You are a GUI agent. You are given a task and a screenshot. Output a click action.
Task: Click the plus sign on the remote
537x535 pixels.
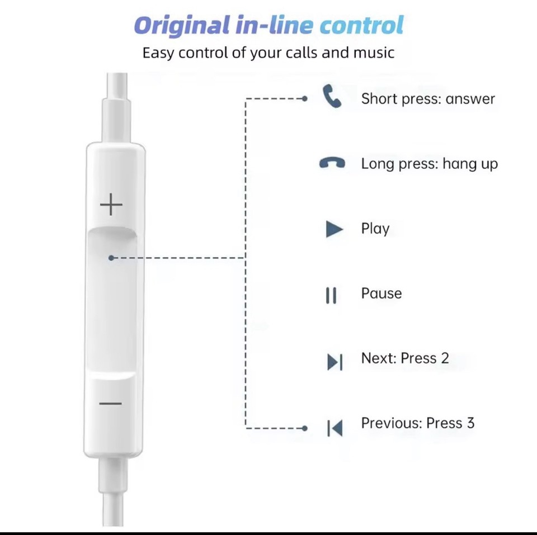111,205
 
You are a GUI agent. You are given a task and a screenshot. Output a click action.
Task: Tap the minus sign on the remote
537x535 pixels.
110,404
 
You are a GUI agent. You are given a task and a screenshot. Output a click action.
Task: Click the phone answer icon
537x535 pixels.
332,96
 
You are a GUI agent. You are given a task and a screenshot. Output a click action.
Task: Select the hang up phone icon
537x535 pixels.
332,163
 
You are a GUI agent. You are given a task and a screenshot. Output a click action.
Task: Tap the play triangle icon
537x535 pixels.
335,229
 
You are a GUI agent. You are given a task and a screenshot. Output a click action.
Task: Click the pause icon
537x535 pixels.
331,295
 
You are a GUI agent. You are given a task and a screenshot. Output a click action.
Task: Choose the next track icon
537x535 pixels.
335,362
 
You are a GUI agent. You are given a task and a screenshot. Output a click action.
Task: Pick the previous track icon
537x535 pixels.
335,428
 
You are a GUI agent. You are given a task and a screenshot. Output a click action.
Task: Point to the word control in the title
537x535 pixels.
362,25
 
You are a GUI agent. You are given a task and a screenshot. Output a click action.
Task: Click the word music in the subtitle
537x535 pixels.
374,53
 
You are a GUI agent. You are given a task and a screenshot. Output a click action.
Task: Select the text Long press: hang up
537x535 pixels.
430,164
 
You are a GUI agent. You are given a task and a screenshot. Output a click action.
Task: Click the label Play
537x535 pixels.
375,229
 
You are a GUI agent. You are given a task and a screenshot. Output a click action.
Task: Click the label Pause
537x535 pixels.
381,293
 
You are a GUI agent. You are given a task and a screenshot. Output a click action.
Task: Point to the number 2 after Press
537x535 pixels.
445,358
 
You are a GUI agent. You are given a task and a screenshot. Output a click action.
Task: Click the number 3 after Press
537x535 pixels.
470,423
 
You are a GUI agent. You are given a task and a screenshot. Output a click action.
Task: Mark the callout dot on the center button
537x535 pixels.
111,258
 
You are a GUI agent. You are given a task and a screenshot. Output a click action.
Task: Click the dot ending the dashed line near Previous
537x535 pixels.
304,428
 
